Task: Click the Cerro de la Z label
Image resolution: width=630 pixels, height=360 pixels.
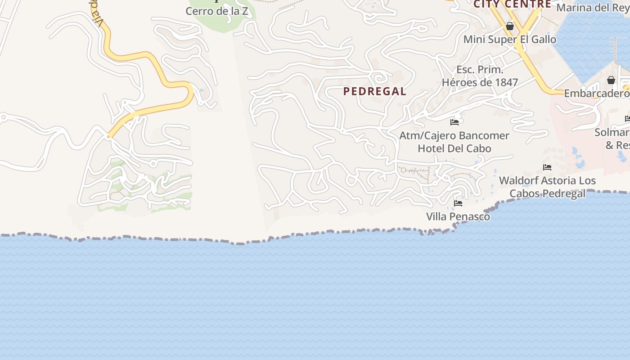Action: (x=217, y=11)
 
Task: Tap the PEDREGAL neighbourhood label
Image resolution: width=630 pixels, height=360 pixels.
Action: (x=375, y=91)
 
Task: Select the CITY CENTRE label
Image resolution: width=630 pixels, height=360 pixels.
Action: (x=512, y=4)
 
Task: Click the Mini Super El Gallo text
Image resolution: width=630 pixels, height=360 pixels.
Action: (x=510, y=39)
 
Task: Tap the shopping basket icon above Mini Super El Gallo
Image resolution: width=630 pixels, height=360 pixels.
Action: (x=510, y=26)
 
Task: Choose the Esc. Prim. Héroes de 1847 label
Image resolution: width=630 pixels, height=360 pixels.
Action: (x=480, y=76)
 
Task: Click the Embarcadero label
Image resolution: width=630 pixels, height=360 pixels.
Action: (x=596, y=93)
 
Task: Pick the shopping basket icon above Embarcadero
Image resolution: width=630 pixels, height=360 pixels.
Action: (x=611, y=80)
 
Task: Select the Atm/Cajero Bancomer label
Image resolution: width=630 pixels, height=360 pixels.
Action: (x=454, y=135)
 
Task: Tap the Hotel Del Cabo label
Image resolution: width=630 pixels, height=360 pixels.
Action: (x=454, y=148)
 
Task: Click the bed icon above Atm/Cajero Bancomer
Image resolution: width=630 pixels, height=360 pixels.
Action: (x=454, y=122)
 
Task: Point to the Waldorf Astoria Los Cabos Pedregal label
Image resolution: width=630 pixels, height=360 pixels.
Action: (x=547, y=187)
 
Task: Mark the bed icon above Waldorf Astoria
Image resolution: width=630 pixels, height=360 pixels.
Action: (x=547, y=167)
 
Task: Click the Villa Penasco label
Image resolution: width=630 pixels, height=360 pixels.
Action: (x=458, y=216)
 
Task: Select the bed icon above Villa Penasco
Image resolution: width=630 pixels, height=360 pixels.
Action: (x=458, y=203)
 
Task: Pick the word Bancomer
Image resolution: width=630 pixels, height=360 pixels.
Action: (x=484, y=135)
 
